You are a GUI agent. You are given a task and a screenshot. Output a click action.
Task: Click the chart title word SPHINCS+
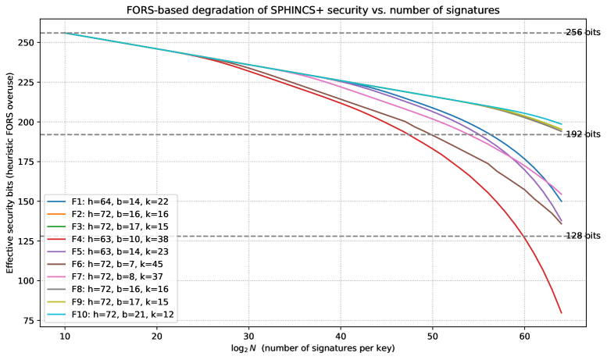coord(302,10)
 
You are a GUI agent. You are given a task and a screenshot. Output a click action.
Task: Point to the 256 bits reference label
coord(584,33)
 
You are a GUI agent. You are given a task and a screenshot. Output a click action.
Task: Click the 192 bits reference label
coord(584,134)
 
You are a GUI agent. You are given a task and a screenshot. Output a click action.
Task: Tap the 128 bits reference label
coord(584,236)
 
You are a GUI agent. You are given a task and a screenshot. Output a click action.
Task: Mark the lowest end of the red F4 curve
coord(561,312)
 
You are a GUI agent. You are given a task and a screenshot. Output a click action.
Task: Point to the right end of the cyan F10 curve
coord(561,123)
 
